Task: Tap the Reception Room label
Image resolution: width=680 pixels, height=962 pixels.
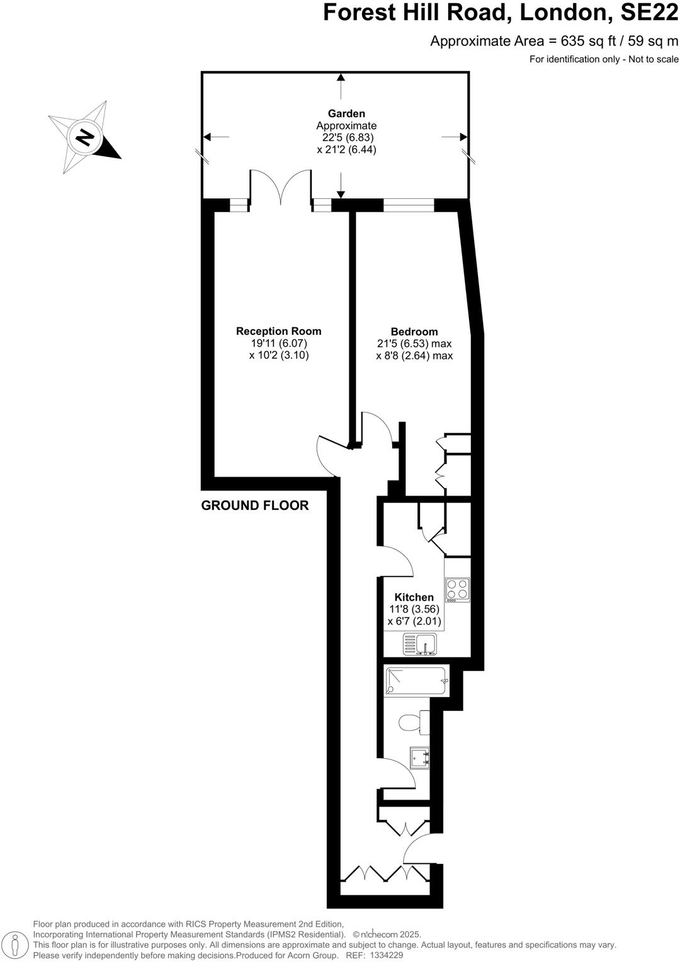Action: (x=278, y=331)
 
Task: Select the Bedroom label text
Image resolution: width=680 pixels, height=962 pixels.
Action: (x=414, y=332)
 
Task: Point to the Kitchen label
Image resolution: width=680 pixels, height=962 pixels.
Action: (x=414, y=597)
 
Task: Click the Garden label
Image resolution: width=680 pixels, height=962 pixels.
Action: (x=346, y=114)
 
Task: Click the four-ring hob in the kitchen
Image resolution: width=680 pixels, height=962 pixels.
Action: (x=458, y=590)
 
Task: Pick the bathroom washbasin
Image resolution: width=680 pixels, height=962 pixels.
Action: (x=419, y=757)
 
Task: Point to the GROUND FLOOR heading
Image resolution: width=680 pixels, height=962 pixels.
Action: (x=254, y=506)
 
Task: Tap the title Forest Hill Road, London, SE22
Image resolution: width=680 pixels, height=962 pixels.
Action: (x=501, y=13)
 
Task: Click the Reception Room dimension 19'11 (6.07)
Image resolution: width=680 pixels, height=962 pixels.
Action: (x=278, y=343)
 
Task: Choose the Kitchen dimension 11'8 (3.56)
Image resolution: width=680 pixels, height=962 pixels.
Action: (x=414, y=609)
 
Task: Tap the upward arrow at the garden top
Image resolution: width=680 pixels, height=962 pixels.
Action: (x=341, y=79)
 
